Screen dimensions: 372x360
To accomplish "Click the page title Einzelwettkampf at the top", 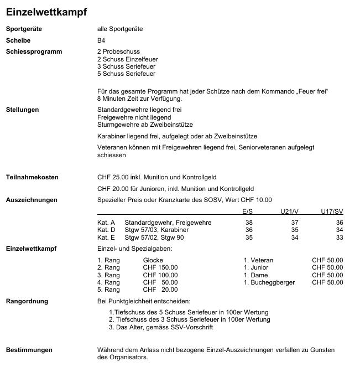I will [x=46, y=11].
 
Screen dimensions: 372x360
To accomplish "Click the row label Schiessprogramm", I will [x=34, y=52].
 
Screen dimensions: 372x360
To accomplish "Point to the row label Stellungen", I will [x=22, y=110].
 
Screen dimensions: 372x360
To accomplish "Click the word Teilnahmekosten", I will [x=32, y=177].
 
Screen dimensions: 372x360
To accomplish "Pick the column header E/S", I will [x=247, y=211].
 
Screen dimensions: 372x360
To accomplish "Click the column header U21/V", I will [x=289, y=211].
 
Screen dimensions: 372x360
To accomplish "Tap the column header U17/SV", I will [x=332, y=211].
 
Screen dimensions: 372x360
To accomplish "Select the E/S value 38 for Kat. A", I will [x=249, y=223].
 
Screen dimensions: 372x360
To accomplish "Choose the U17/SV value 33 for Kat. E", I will [x=340, y=237].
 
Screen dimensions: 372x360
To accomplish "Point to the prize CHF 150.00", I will [x=160, y=267].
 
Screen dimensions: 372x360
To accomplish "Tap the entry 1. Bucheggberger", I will [x=269, y=282].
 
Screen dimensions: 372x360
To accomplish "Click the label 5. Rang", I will [x=108, y=290].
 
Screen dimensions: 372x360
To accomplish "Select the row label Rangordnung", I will [x=27, y=302].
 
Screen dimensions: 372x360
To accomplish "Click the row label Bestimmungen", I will [x=29, y=350].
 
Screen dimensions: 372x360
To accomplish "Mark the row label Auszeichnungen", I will [x=32, y=200].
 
